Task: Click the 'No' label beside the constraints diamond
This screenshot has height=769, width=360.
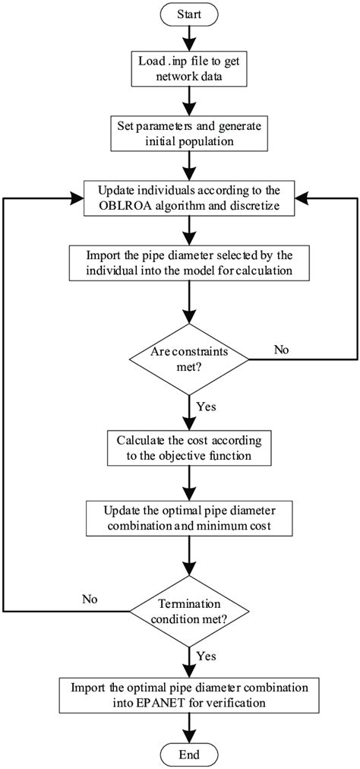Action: (x=282, y=350)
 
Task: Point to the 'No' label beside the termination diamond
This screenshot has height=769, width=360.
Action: (x=90, y=600)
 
